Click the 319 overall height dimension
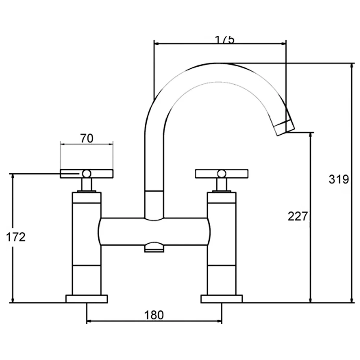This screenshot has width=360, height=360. (338, 179)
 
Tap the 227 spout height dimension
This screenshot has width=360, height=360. (298, 216)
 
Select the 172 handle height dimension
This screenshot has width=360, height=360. (16, 237)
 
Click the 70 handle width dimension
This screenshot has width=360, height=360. (86, 138)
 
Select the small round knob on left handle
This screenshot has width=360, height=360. (86, 174)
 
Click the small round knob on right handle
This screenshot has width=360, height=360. (222, 174)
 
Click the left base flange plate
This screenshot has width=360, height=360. (87, 298)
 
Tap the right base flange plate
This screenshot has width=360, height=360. (222, 298)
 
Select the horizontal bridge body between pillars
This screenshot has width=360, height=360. (154, 231)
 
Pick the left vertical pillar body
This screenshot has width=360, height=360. (86, 245)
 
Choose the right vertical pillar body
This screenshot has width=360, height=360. (222, 245)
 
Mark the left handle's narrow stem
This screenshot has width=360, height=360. (86, 185)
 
